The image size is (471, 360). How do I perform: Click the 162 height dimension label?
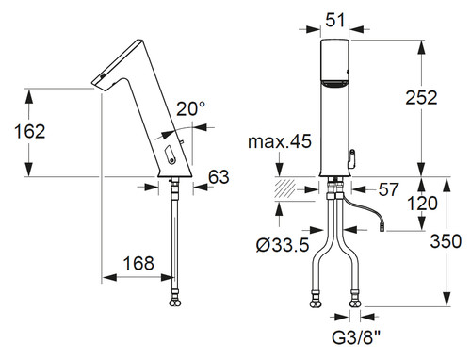30,131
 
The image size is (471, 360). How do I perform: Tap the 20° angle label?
190,109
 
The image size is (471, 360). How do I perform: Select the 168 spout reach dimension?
138,263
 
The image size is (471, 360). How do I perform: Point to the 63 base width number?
219,177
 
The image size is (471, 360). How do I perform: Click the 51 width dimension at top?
335,21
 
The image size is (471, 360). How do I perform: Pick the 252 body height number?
421,97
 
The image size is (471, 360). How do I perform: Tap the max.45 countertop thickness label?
280,141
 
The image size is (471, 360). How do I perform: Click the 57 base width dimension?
388,189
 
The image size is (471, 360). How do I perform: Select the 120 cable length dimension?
422,204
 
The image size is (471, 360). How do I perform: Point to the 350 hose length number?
446,241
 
